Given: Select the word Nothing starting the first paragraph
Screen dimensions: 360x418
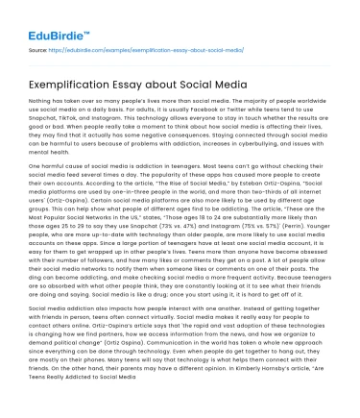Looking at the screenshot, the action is pos(42,99).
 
